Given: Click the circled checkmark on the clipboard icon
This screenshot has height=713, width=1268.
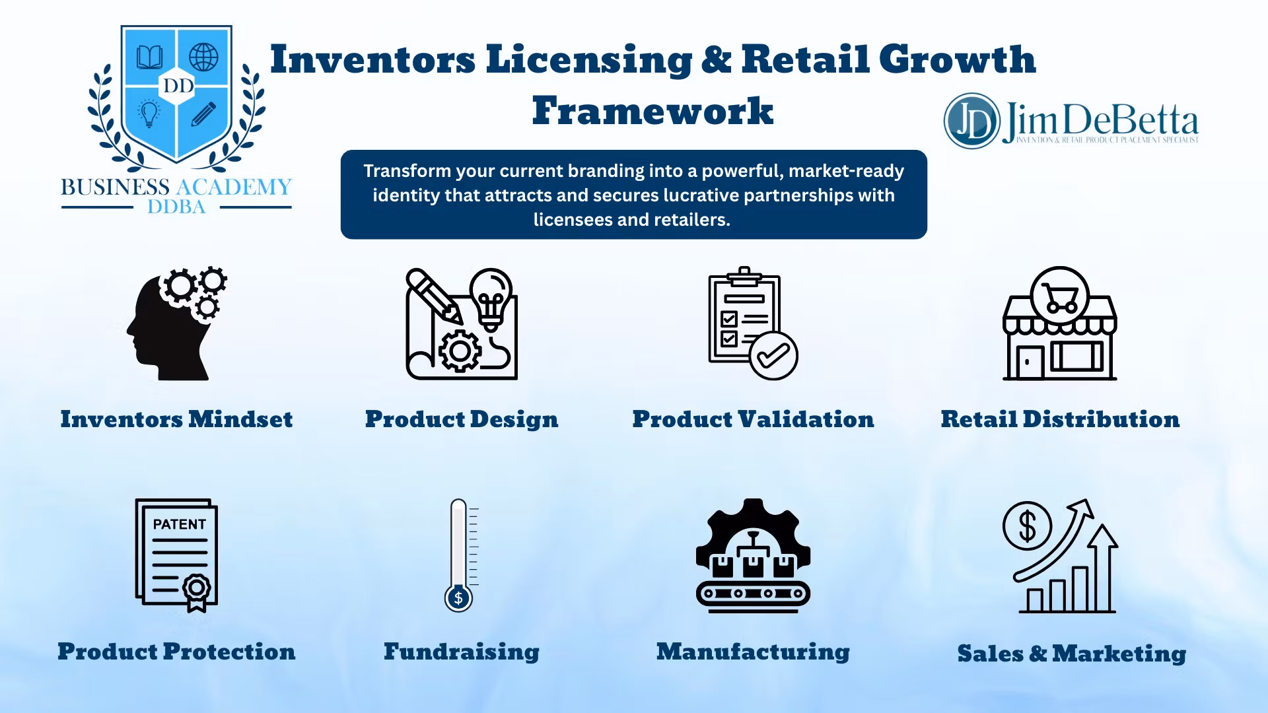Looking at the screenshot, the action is [x=773, y=356].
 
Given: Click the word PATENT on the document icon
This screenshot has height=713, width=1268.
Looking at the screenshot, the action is [x=179, y=524].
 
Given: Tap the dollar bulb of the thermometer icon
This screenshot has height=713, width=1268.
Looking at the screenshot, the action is [x=458, y=598].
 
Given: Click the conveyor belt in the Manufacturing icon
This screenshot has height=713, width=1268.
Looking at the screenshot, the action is [x=753, y=593].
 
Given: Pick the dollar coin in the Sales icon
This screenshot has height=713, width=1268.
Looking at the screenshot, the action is [x=1027, y=526].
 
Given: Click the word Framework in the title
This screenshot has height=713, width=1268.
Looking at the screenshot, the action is [x=652, y=110].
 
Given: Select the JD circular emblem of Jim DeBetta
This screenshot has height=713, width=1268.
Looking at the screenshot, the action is [x=971, y=121].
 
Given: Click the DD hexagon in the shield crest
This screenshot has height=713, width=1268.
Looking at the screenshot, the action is [x=178, y=86].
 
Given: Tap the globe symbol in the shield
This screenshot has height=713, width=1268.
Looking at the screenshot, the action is [x=203, y=57].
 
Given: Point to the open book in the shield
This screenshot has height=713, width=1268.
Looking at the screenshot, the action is [x=150, y=57].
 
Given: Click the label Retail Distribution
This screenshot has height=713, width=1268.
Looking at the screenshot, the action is [x=1060, y=419].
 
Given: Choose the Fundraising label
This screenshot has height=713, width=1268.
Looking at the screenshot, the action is [x=462, y=652].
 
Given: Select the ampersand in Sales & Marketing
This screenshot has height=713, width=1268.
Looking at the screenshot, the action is [x=1038, y=654].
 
